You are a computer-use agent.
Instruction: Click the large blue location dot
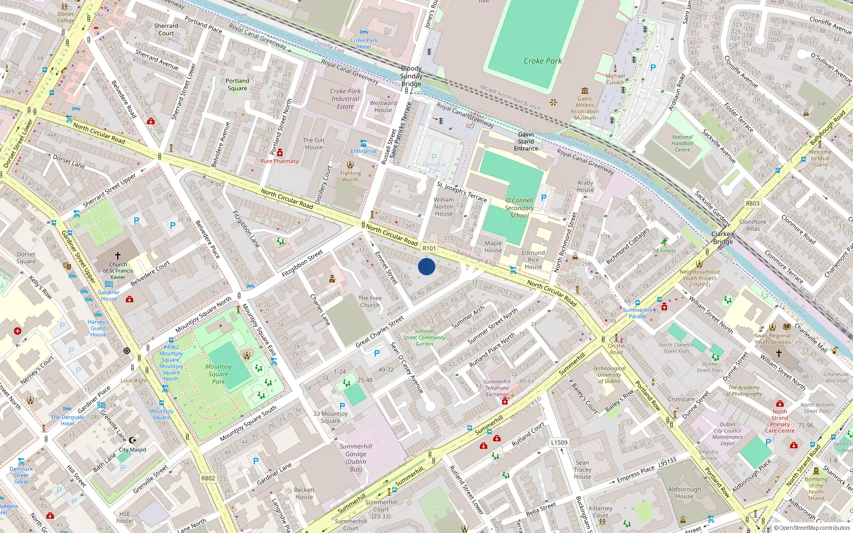click(x=426, y=266)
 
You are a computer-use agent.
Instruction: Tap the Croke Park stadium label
click(x=543, y=61)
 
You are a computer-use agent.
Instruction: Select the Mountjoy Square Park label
click(x=219, y=374)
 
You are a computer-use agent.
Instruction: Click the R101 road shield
click(x=429, y=248)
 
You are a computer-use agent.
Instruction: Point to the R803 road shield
click(x=753, y=204)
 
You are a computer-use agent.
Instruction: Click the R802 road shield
click(x=208, y=478)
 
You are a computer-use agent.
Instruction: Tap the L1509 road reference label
click(x=559, y=442)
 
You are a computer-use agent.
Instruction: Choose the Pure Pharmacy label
click(x=279, y=161)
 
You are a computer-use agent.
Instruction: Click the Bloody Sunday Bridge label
click(x=411, y=76)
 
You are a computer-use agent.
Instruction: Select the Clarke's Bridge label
click(x=723, y=238)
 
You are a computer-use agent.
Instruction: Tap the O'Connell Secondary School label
click(x=519, y=208)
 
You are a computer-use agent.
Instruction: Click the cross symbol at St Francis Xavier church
click(x=118, y=256)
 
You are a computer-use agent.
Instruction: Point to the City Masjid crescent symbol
click(x=133, y=440)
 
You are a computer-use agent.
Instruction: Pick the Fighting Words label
click(x=350, y=176)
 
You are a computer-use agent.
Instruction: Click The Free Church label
click(x=370, y=302)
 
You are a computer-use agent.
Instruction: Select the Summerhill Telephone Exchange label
click(x=497, y=388)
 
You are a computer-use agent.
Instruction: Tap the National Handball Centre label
click(x=682, y=143)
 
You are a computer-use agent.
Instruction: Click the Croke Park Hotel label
click(x=364, y=44)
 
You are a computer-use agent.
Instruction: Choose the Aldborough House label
click(x=685, y=492)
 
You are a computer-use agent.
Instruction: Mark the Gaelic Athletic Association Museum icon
click(x=585, y=91)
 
